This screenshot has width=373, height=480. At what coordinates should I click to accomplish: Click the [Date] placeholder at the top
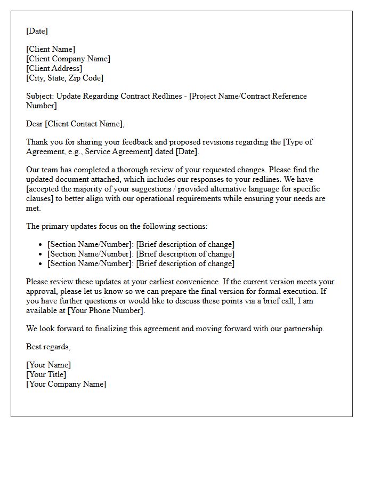37,31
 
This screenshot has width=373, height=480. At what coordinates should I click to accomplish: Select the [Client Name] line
51,50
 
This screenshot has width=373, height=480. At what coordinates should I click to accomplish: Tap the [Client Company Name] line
68,59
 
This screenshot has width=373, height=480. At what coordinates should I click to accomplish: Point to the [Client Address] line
54,68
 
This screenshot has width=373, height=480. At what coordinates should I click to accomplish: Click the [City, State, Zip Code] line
64,78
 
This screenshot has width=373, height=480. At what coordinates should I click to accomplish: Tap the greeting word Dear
35,124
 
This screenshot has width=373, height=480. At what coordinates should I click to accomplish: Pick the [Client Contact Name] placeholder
84,124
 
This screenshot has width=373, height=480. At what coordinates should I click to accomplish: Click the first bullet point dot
41,245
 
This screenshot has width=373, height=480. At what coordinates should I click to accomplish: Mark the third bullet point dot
41,264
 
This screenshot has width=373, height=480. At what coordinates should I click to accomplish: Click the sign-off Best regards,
48,347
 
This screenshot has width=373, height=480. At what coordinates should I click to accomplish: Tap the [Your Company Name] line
66,384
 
